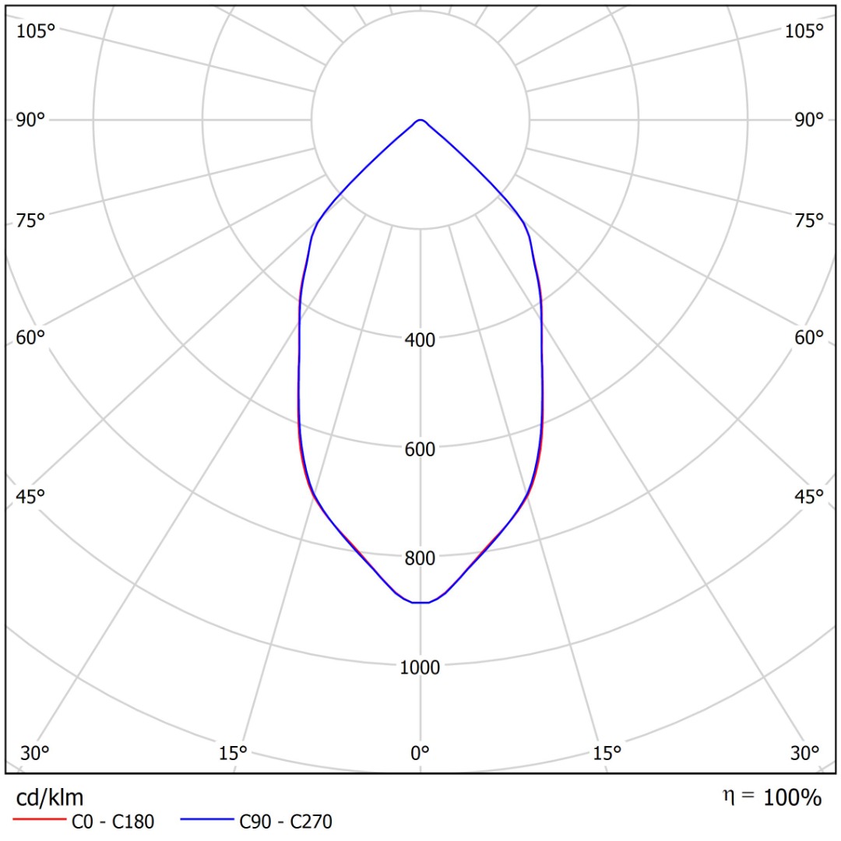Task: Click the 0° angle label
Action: pos(420,753)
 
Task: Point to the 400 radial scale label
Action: pos(420,340)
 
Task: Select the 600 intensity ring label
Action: pos(420,449)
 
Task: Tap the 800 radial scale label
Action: pos(420,558)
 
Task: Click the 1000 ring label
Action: pos(420,667)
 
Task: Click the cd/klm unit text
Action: pos(50,797)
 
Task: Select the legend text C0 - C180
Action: pos(113,821)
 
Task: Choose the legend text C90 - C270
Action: pos(286,821)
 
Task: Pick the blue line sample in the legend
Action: pos(207,821)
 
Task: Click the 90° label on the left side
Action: pos(31,120)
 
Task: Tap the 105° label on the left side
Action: pos(37,31)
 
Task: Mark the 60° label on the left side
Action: pos(31,338)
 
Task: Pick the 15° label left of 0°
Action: pos(233,753)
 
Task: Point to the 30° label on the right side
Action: pos(804,753)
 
